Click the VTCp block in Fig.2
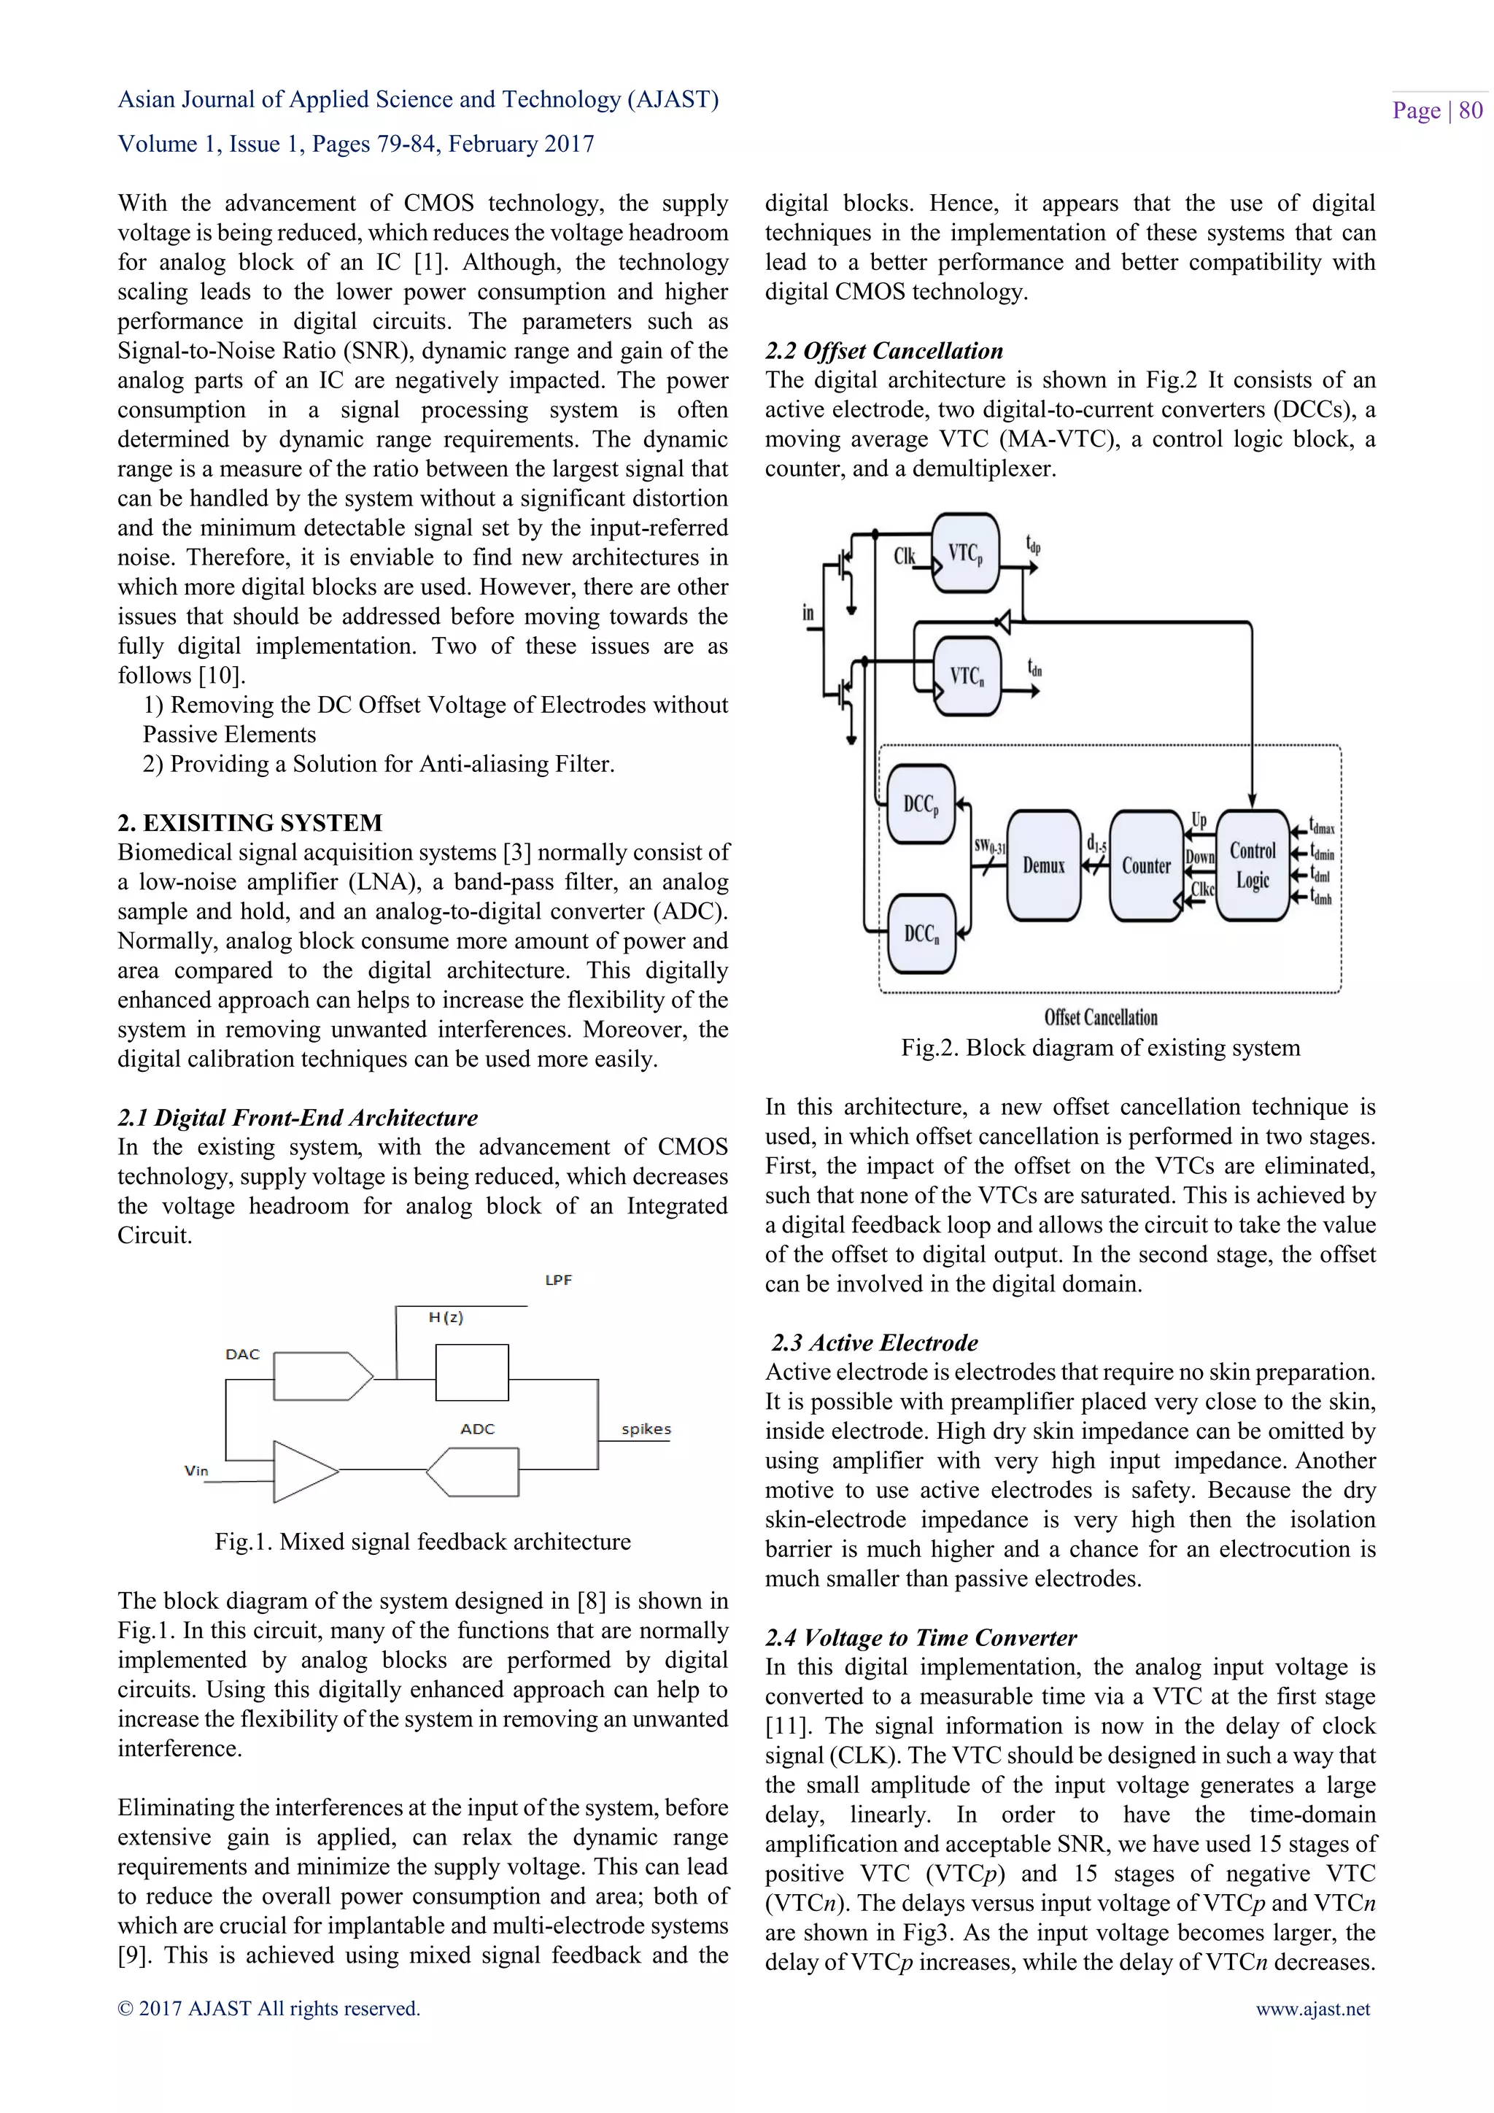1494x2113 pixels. (x=965, y=553)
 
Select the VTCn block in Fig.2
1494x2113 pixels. (x=966, y=676)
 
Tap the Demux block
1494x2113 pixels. (x=1043, y=865)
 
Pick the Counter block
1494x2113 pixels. (x=1145, y=865)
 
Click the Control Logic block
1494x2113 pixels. (x=1252, y=865)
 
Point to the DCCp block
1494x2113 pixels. (x=921, y=804)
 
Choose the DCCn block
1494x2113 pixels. (x=921, y=933)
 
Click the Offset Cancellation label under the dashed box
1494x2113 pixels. (x=1100, y=1017)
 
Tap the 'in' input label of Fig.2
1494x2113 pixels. (x=808, y=613)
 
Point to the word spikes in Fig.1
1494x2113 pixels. (x=646, y=1429)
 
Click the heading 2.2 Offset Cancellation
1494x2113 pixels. (x=883, y=351)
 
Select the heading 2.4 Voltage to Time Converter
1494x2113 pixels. (x=920, y=1637)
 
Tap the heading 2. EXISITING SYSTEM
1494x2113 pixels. (x=249, y=823)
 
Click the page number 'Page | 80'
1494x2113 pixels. (x=1436, y=110)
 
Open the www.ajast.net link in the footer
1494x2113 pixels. (x=1313, y=2008)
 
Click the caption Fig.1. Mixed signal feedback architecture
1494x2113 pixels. (x=422, y=1542)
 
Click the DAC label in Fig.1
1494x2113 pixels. (x=243, y=1353)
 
